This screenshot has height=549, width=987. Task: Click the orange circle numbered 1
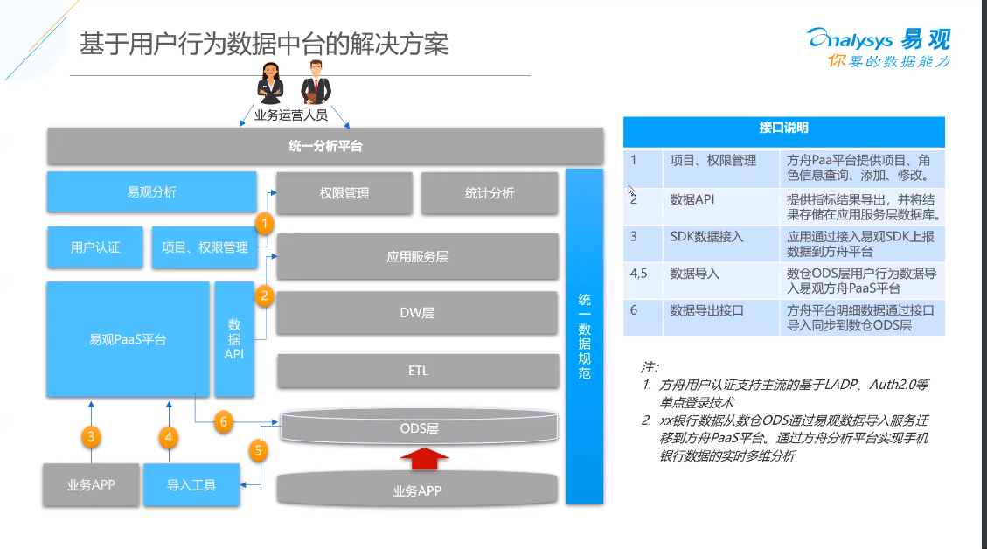pyautogui.click(x=264, y=224)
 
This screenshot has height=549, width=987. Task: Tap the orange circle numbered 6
pyautogui.click(x=224, y=422)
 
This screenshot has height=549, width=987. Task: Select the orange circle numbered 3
pyautogui.click(x=91, y=437)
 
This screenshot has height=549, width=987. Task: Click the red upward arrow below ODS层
pyautogui.click(x=425, y=458)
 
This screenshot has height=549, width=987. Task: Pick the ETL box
pyautogui.click(x=418, y=371)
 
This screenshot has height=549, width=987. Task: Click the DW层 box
pyautogui.click(x=417, y=313)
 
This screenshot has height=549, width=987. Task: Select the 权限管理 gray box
pyautogui.click(x=344, y=193)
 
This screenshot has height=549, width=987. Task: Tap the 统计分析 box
pyautogui.click(x=489, y=193)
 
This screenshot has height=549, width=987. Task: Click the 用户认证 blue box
pyautogui.click(x=95, y=247)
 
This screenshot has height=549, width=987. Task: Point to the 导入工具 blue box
pyautogui.click(x=191, y=485)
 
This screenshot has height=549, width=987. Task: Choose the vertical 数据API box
pyautogui.click(x=234, y=339)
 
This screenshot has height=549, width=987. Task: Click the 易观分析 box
pyautogui.click(x=152, y=192)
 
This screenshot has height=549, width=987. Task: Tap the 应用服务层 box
pyautogui.click(x=417, y=257)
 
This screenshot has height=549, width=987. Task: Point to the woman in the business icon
pyautogui.click(x=271, y=83)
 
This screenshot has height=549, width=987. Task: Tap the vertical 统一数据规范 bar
pyautogui.click(x=585, y=337)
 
